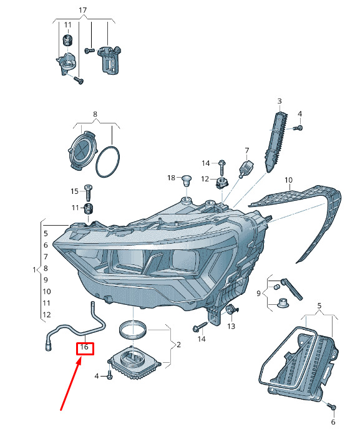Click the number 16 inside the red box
[84, 347]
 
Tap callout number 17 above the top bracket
[82, 11]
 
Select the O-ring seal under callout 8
[108, 162]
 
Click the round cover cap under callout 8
[82, 151]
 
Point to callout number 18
[171, 178]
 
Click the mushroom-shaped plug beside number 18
[186, 180]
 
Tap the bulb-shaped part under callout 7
[246, 169]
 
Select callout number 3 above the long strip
[280, 101]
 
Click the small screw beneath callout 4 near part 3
[298, 128]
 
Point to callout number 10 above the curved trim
[289, 180]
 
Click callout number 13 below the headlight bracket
[231, 326]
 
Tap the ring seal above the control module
[133, 330]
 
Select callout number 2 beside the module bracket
[178, 345]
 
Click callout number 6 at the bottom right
[333, 422]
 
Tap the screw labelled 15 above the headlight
[89, 193]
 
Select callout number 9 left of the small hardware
[258, 294]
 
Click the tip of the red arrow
[81, 357]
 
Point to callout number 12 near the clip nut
[205, 179]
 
